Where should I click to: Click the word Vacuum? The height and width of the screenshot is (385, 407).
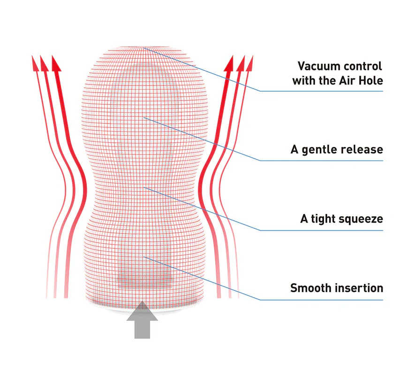pyautogui.click(x=316, y=66)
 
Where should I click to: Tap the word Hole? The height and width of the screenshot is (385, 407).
pyautogui.click(x=370, y=81)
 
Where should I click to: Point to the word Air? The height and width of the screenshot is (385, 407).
pyautogui.click(x=348, y=81)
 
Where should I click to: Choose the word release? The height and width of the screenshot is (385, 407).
pyautogui.click(x=362, y=150)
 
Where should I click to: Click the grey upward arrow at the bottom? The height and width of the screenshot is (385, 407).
pyautogui.click(x=142, y=320)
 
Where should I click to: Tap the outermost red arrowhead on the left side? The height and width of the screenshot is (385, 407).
pyautogui.click(x=35, y=63)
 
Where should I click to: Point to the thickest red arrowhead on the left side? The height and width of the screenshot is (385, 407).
pyautogui.click(x=56, y=63)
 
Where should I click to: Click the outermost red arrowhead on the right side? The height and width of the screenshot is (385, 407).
pyautogui.click(x=249, y=63)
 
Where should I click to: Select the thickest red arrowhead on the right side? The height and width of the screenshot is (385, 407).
pyautogui.click(x=229, y=63)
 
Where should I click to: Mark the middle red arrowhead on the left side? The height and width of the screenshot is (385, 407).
pyautogui.click(x=45, y=63)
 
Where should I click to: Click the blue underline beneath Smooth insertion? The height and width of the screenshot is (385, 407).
pyautogui.click(x=322, y=300)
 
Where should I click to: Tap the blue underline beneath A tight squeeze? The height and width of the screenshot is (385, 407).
pyautogui.click(x=322, y=231)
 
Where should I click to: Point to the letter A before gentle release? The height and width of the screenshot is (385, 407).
pyautogui.click(x=294, y=150)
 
